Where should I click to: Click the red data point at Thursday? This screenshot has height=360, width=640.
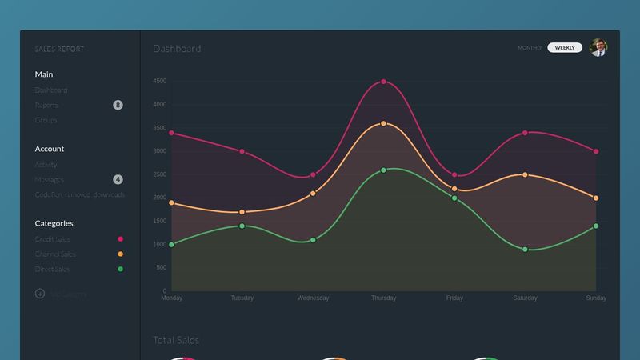coord(384,82)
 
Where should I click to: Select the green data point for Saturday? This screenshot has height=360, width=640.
coord(525,250)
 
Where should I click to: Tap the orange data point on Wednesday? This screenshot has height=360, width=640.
coord(313,194)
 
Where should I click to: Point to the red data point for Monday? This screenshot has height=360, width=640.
coord(172,133)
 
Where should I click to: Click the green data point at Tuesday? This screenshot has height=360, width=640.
coord(242,226)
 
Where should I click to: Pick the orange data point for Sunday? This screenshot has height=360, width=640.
coord(596,198)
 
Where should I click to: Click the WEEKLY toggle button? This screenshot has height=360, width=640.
coord(565,48)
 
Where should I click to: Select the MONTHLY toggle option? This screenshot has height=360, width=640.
coord(530,48)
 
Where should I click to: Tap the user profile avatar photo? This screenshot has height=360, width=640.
coord(598,48)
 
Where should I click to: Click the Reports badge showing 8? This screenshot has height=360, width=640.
coord(118,105)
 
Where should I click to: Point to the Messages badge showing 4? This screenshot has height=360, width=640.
coord(118,179)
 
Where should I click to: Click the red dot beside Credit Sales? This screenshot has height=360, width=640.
coord(121,239)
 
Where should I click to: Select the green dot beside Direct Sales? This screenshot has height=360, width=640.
coord(121,269)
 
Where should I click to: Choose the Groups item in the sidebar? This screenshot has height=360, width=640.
coord(46,120)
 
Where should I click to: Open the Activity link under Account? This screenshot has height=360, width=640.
coord(46,164)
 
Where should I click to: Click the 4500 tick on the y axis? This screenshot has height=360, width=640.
coord(159,81)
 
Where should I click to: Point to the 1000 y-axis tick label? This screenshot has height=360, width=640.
coord(159,244)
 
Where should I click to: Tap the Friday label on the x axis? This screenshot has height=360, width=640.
coord(454,298)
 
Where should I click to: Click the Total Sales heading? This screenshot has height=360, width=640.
coord(176,340)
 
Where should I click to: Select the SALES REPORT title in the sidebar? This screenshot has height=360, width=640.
coord(59,49)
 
